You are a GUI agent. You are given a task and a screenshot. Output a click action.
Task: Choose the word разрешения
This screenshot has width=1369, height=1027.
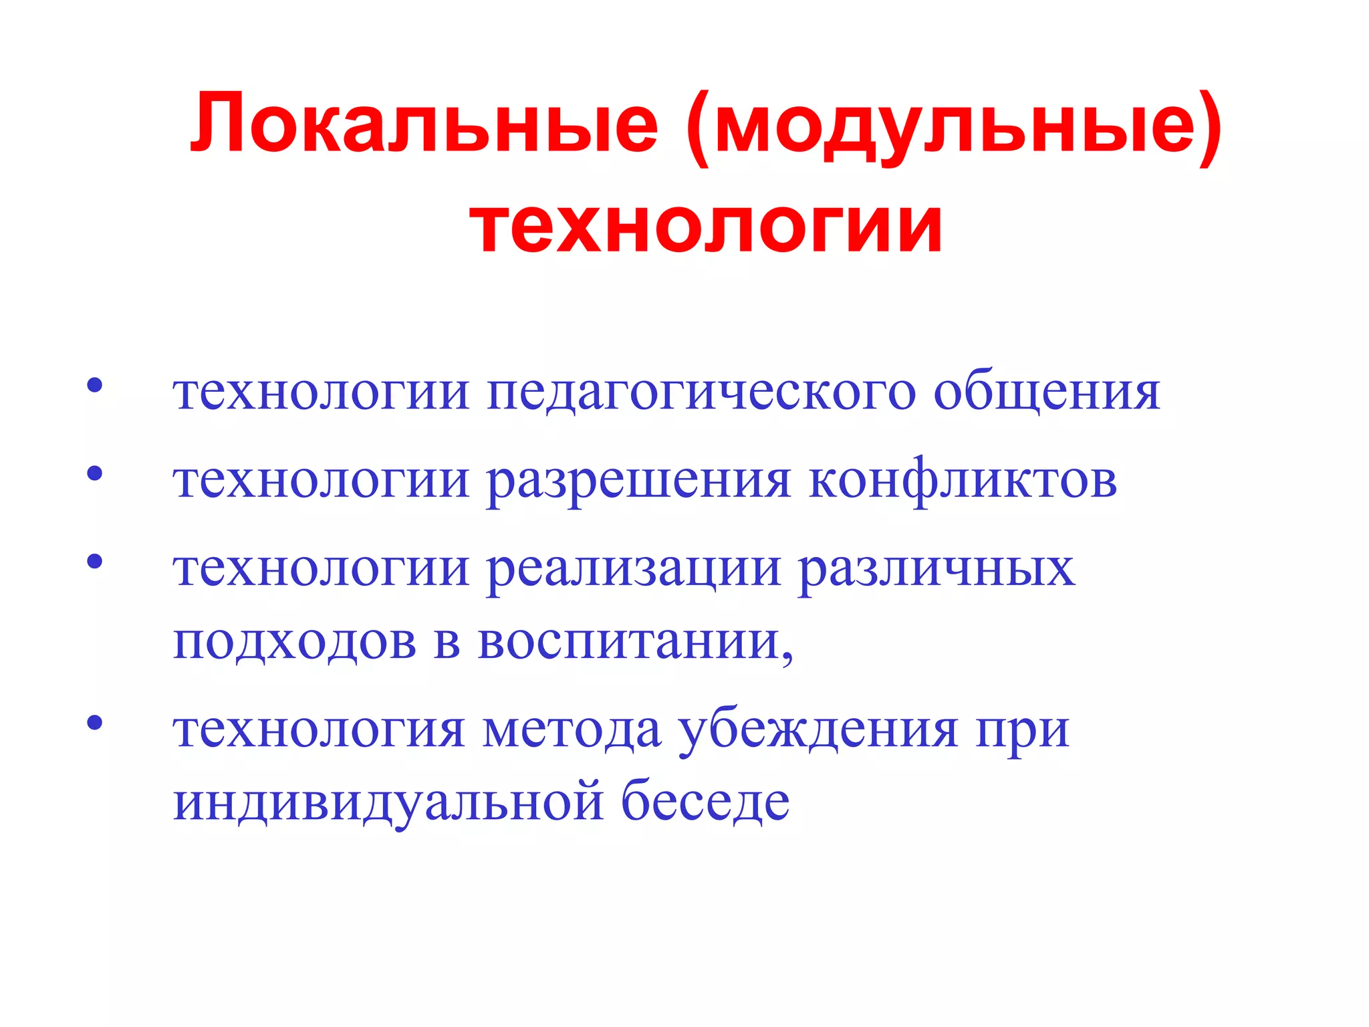[x=638, y=481]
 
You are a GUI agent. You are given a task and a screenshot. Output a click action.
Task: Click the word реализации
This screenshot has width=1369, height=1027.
[x=634, y=570]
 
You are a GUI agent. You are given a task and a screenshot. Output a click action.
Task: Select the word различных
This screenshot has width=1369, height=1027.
[x=937, y=570]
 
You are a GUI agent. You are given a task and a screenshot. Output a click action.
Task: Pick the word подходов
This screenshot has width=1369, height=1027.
[x=295, y=642]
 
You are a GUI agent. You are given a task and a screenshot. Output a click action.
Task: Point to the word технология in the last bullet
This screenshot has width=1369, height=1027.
[x=319, y=731]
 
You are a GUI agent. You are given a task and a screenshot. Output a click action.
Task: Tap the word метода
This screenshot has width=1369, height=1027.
[x=572, y=731]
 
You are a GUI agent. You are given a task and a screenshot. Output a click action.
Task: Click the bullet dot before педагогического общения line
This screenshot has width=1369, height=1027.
[x=95, y=385]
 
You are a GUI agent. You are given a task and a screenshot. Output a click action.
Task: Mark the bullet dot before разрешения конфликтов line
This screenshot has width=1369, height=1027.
[x=95, y=473]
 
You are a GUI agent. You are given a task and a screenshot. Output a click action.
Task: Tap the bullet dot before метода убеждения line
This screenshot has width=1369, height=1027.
[x=95, y=722]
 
